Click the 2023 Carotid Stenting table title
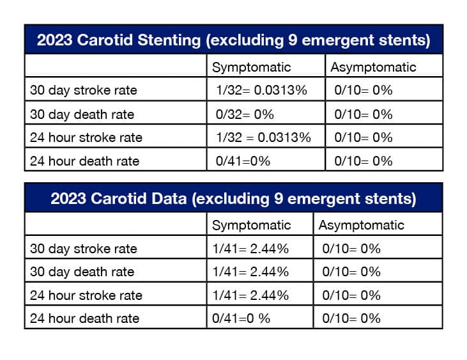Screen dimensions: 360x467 233,40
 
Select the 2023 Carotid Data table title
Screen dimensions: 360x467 233,198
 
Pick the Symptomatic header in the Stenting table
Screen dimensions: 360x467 251,67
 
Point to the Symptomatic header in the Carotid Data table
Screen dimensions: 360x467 251,225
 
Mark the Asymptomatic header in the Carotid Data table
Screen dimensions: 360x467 362,225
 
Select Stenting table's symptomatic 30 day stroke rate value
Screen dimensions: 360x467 261,90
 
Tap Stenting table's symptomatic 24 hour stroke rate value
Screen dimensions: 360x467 263,137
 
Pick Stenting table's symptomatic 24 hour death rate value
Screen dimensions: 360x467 243,161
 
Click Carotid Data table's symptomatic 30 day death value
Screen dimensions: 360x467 250,272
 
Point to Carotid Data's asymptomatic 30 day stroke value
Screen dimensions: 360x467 351,248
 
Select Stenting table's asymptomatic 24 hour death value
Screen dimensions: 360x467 363,161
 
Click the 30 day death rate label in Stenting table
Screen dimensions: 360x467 82,114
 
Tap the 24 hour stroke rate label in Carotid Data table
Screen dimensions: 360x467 86,295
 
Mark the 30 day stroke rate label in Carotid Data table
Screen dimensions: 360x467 84,249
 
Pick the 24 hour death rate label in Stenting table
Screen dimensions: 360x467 85,161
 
